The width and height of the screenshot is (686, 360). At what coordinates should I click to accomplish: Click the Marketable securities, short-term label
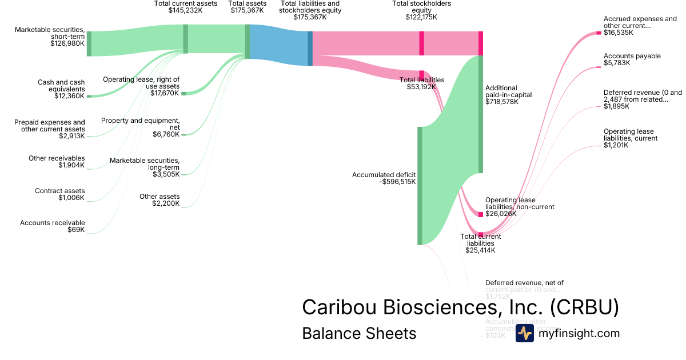(x=50, y=36)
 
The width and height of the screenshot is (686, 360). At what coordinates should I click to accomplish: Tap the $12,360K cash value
(x=69, y=96)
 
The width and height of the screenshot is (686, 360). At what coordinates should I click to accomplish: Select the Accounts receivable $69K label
(x=53, y=226)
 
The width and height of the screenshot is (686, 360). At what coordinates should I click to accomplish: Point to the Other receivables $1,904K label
(x=57, y=162)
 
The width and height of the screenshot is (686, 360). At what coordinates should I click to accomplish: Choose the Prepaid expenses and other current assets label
(x=50, y=129)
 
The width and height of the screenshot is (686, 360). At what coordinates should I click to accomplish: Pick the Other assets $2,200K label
(x=159, y=200)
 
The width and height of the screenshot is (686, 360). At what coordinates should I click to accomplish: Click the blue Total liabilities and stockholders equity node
(x=310, y=49)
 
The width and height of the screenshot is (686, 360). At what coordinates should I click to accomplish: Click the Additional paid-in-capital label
(x=508, y=94)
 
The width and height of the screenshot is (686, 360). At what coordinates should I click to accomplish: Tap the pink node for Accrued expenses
(x=599, y=33)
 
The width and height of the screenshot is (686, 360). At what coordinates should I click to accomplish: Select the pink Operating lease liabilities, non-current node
(x=481, y=214)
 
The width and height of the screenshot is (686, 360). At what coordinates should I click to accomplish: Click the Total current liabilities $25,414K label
(x=480, y=243)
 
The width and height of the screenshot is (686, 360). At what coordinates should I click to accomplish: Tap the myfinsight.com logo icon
(x=524, y=333)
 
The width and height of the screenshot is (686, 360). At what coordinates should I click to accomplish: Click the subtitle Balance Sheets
(x=359, y=333)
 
